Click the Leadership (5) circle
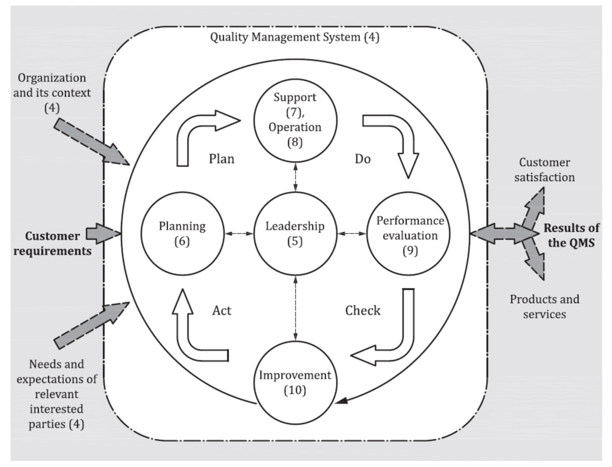click(294, 233)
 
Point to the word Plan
click(221, 159)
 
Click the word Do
click(363, 159)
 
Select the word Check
click(363, 310)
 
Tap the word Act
click(221, 310)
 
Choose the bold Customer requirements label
click(52, 244)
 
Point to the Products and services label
click(544, 306)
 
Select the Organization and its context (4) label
click(52, 90)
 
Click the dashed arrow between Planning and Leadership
click(238, 233)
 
